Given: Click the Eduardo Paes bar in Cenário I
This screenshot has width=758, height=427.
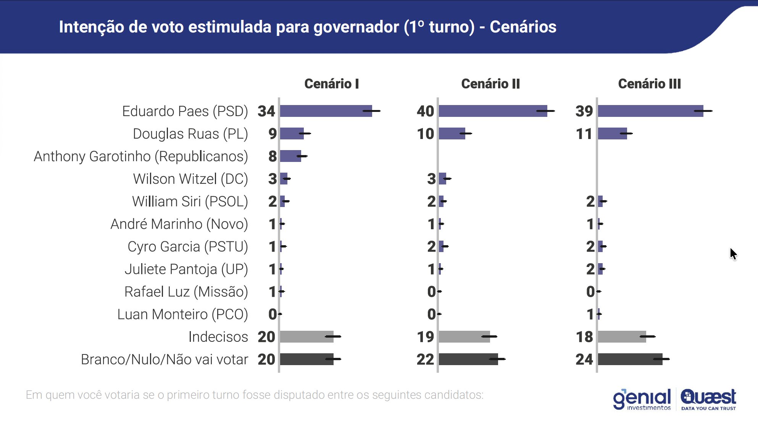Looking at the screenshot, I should click(326, 111).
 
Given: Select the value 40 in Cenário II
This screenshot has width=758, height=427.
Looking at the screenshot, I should click(425, 111).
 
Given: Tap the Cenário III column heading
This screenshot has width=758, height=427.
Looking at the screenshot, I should click(649, 84).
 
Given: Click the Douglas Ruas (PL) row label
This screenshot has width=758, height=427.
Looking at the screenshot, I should click(190, 134).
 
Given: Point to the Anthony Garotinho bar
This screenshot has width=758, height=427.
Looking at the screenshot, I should click(290, 156).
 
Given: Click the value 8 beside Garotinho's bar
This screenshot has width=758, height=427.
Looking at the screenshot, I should click(272, 156).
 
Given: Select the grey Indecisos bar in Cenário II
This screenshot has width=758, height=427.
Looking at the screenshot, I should click(464, 337).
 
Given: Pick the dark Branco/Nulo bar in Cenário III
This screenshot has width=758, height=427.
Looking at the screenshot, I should click(630, 359).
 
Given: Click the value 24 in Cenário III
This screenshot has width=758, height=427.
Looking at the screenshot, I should click(584, 359).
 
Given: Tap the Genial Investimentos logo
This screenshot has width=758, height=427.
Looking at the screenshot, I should click(642, 400).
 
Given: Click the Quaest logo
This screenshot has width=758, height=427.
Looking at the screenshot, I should click(708, 400).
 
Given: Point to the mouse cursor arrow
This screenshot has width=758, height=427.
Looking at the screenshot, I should click(733, 254).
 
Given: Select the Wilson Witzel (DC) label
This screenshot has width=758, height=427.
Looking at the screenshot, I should click(190, 179).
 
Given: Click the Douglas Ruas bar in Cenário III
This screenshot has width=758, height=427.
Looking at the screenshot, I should click(612, 134).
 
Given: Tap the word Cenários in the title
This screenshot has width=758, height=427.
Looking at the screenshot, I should click(523, 27).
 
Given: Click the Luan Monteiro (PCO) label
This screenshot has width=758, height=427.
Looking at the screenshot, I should click(182, 314).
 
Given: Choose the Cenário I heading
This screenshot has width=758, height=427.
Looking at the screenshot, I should click(331, 84).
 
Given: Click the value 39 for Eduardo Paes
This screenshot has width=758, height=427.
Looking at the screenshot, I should click(584, 111).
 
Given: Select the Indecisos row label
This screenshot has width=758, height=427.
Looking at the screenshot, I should click(218, 337).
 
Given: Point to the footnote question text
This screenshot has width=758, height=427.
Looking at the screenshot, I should click(254, 395).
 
